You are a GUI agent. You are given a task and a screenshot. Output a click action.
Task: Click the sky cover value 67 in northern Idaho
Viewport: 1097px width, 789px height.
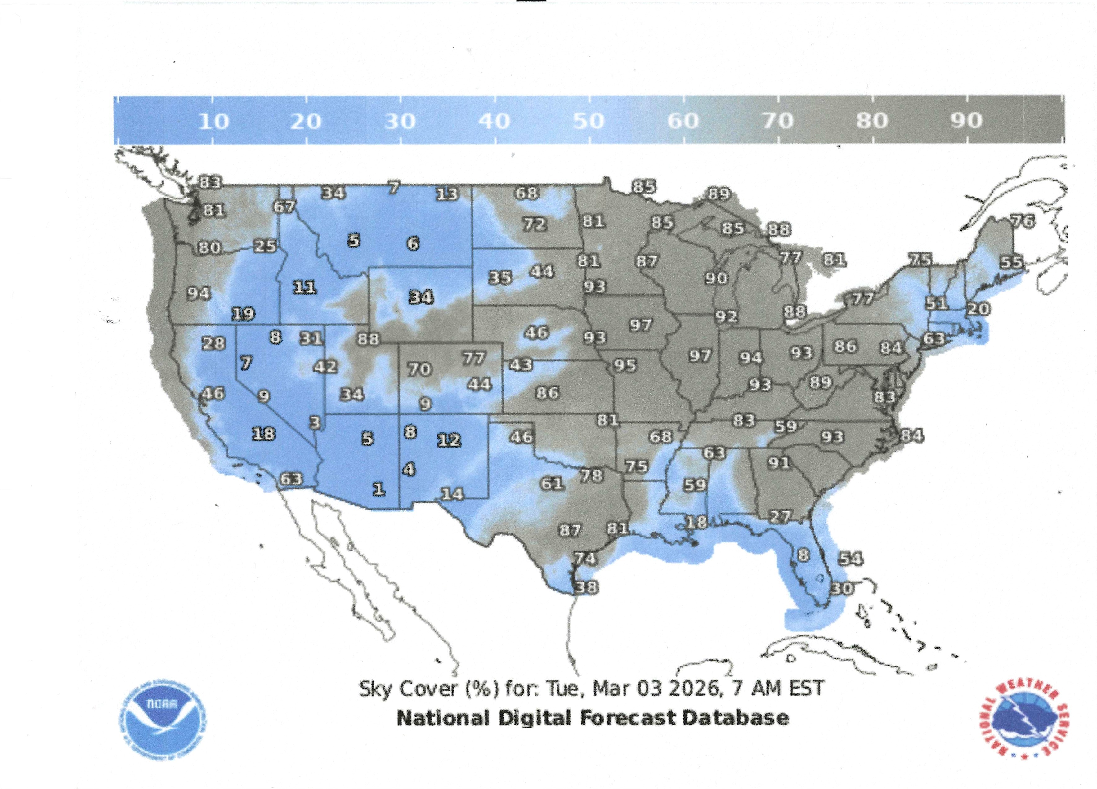284,207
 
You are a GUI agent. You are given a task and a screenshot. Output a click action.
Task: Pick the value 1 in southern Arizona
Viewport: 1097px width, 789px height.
379,489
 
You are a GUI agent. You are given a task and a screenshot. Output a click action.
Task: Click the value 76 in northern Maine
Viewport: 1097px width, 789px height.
1023,221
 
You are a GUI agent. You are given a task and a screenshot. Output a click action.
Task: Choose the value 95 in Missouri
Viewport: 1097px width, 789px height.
625,365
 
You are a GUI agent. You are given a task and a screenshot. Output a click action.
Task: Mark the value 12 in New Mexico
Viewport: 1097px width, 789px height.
449,440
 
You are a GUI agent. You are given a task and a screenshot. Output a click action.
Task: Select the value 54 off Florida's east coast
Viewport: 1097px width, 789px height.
850,559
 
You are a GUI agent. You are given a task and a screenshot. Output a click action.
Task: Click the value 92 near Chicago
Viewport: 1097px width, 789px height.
726,317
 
